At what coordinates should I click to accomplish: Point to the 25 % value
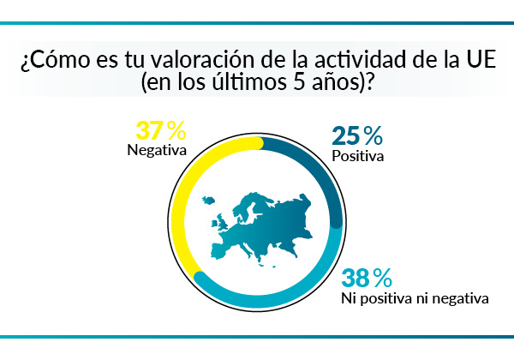pyautogui.click(x=356, y=135)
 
